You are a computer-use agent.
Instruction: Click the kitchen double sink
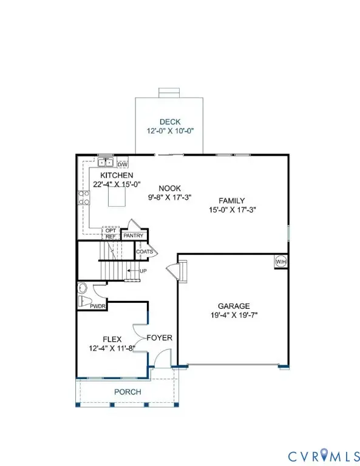[x=106, y=162]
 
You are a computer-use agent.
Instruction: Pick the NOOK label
[x=162, y=189]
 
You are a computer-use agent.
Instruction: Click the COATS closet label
[x=144, y=251]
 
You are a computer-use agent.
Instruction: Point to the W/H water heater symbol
[x=280, y=262]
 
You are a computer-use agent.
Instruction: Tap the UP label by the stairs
[x=143, y=271]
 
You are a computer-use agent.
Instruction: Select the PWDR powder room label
[x=98, y=306]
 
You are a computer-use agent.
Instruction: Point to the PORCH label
[x=127, y=392]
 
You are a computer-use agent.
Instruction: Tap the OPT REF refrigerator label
[x=110, y=234]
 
